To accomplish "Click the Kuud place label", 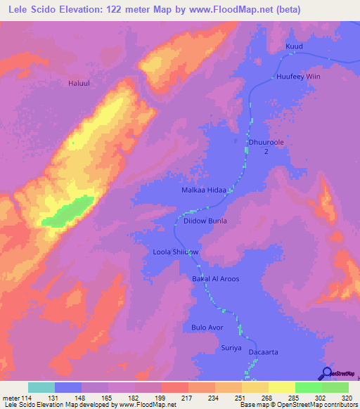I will (294, 46).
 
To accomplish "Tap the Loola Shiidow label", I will (176, 252).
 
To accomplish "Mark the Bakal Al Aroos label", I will (216, 279).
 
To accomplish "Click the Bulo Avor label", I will (207, 327).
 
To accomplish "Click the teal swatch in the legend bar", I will (41, 387).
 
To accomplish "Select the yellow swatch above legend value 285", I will (282, 387).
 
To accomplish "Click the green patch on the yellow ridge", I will (68, 212).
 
